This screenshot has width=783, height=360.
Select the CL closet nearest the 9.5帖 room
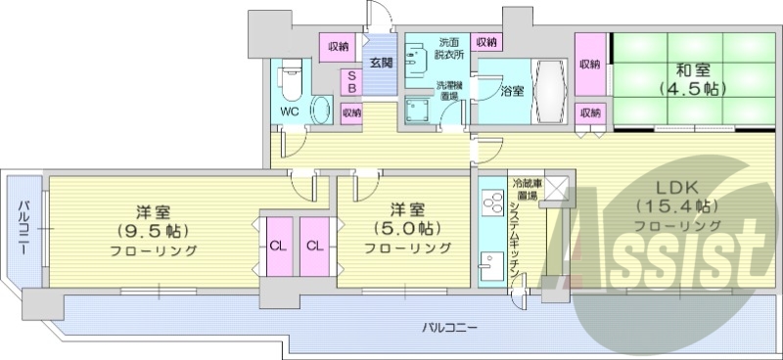(x=277, y=246)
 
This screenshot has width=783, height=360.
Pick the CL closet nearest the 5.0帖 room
(x=315, y=246)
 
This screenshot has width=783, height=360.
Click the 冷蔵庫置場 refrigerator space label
(x=522, y=190)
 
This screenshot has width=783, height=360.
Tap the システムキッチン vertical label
(x=516, y=245)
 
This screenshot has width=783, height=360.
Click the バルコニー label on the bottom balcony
(x=450, y=327)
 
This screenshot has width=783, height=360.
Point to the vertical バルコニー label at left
(x=21, y=225)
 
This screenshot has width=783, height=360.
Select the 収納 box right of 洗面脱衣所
(x=485, y=42)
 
